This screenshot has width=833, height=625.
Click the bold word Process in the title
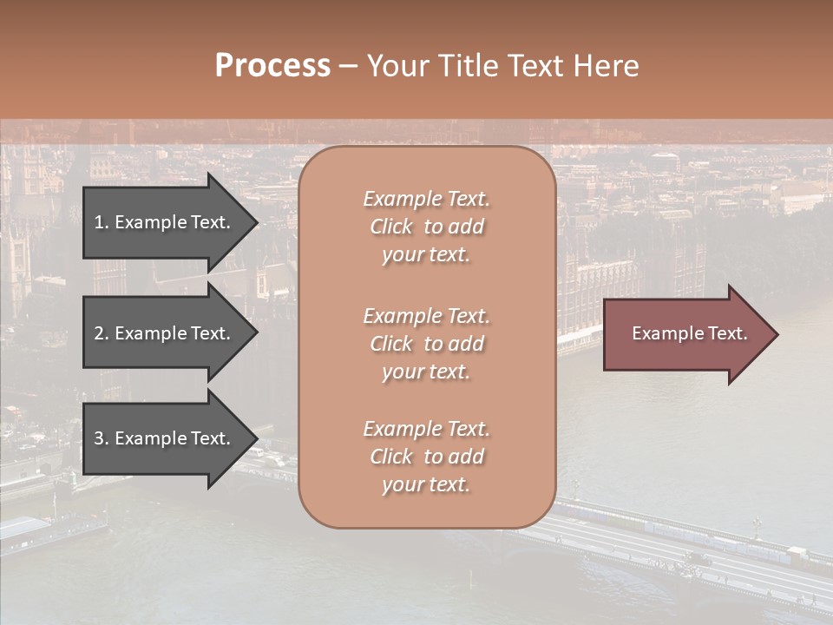click(x=272, y=66)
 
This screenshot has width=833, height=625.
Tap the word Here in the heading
click(x=605, y=66)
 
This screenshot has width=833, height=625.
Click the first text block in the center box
click(x=426, y=227)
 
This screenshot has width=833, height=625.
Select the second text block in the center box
click(x=426, y=344)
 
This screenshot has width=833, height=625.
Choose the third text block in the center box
click(x=426, y=457)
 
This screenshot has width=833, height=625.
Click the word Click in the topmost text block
click(x=391, y=227)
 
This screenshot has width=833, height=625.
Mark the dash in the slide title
click(x=348, y=67)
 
